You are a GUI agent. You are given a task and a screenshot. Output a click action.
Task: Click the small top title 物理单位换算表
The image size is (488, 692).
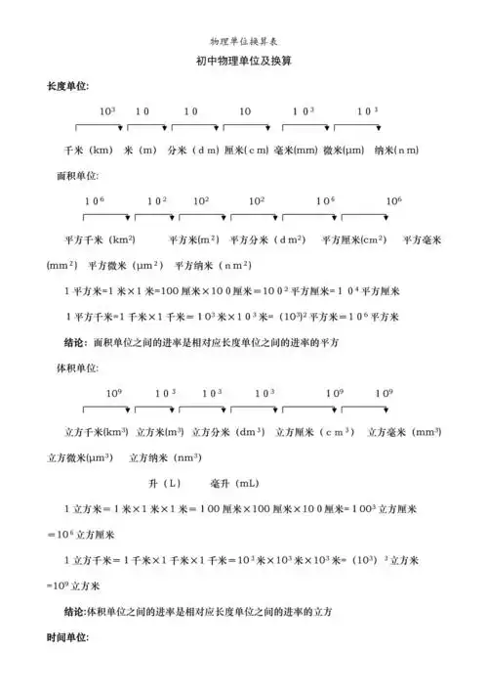[243, 42]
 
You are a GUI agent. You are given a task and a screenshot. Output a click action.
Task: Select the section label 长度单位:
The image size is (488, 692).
[67, 86]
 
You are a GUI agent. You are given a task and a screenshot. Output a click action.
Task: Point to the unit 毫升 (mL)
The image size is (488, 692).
[234, 483]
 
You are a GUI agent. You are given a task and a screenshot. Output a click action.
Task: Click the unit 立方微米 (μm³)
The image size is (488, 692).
[78, 456]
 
